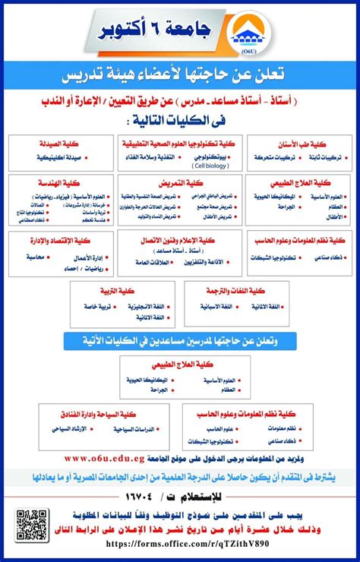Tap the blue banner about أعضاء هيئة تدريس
pos(180,75)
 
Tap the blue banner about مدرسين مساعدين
pos(180,340)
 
